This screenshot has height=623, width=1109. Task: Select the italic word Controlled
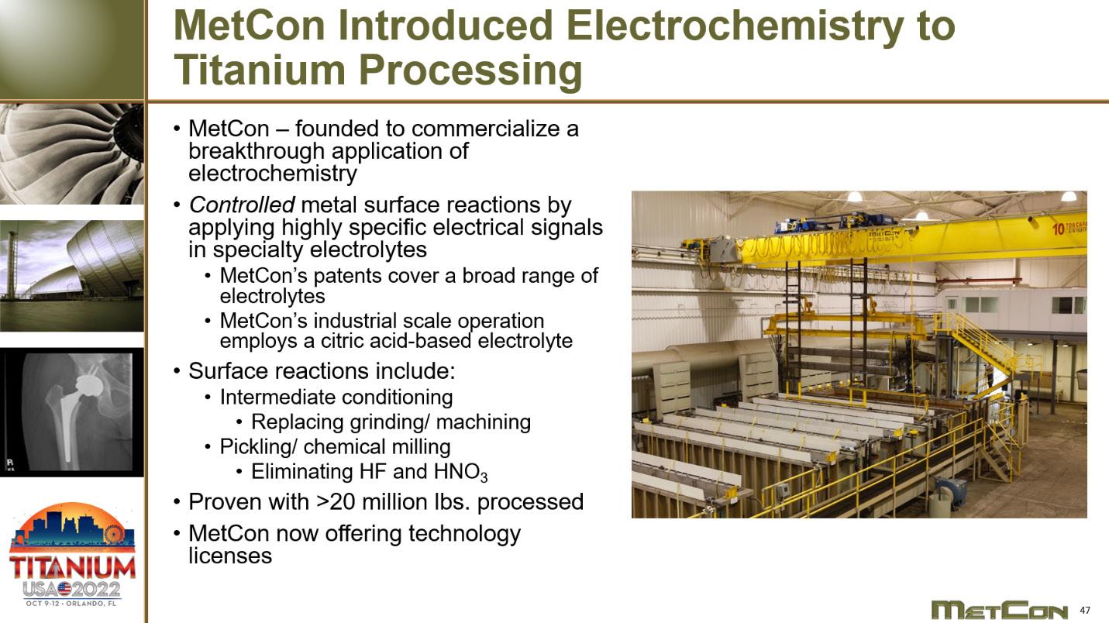tap(242, 205)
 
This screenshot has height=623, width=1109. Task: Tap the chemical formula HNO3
tap(460, 472)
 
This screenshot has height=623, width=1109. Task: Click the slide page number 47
tap(1085, 610)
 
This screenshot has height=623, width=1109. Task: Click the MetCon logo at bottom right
tap(999, 610)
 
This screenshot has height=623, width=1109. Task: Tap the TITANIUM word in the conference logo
tap(72, 567)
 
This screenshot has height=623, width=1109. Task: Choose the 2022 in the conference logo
tap(96, 590)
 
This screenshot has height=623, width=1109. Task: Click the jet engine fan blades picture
tap(72, 153)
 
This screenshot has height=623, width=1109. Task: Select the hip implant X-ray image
tap(72, 412)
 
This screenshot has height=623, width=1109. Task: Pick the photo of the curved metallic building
tap(72, 276)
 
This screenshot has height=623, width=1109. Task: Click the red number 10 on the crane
tap(1059, 229)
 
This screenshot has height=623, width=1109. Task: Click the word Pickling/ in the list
tap(258, 447)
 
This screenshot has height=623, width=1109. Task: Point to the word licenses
tap(230, 556)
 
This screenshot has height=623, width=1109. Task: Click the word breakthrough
tap(257, 151)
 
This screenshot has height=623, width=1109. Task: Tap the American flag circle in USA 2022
tap(64, 589)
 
